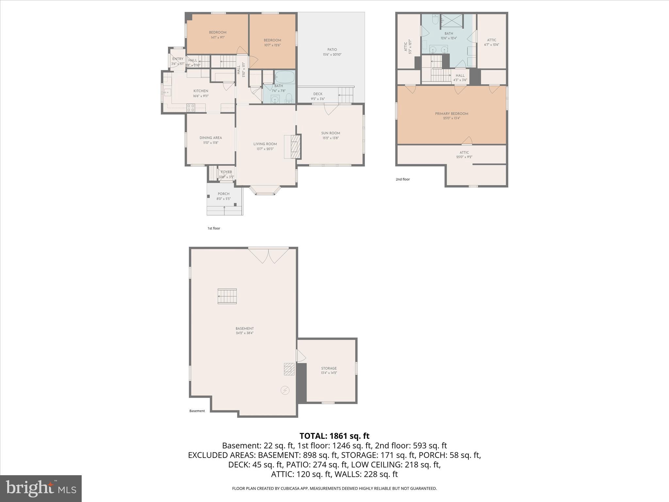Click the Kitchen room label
click(x=201, y=91)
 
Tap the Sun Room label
click(x=330, y=133)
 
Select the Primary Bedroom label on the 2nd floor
click(x=451, y=114)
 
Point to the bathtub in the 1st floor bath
click(x=285, y=77)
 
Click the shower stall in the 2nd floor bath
click(x=452, y=20)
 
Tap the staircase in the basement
click(x=227, y=296)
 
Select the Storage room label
click(x=329, y=368)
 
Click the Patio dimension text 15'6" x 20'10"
click(x=332, y=55)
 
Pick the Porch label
click(x=223, y=194)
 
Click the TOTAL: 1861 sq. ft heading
click(x=334, y=436)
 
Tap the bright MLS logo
click(x=41, y=489)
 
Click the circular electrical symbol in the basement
click(x=285, y=390)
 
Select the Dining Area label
click(x=211, y=138)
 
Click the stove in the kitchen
click(x=191, y=107)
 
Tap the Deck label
click(x=318, y=94)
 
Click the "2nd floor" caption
click(x=402, y=179)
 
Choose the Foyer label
click(x=226, y=172)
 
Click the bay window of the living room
click(x=265, y=191)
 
